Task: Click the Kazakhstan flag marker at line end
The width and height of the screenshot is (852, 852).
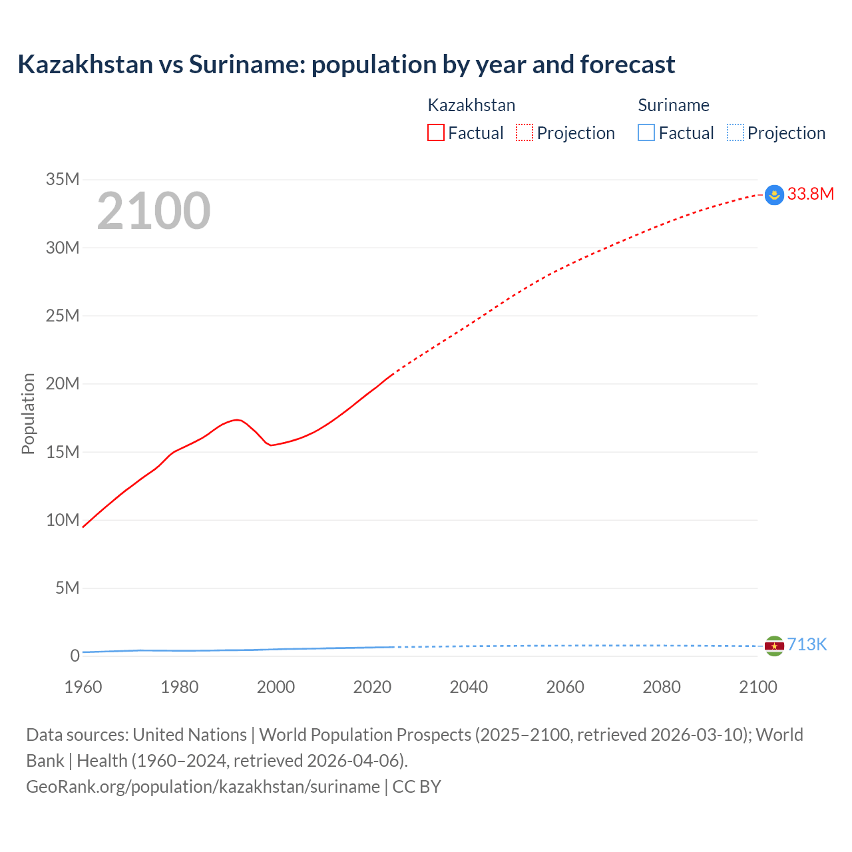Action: [x=774, y=195]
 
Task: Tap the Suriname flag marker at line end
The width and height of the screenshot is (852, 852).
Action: [x=774, y=646]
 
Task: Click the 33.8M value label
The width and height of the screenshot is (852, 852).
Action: [x=810, y=194]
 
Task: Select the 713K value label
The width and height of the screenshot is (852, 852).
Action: [x=807, y=644]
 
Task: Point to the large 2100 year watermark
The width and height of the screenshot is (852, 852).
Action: [x=154, y=211]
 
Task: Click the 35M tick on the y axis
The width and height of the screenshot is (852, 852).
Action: [x=63, y=179]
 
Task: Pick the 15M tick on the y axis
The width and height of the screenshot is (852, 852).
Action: [x=63, y=452]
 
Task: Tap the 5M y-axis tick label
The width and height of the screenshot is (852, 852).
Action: [x=67, y=588]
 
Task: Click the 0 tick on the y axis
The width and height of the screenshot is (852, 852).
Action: [x=75, y=656]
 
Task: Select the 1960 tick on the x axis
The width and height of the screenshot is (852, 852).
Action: [x=83, y=687]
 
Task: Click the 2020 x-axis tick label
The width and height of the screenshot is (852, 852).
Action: [x=372, y=687]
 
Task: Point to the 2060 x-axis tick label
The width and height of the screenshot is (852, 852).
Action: [x=565, y=687]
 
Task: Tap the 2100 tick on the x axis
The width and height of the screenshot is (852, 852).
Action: [x=757, y=687]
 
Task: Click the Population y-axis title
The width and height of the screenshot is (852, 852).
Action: [x=28, y=414]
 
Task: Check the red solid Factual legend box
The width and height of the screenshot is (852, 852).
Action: [x=435, y=132]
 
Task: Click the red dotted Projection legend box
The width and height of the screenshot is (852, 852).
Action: [x=525, y=132]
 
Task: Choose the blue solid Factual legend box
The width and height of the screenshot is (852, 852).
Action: [x=646, y=132]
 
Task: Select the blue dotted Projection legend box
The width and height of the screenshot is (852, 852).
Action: [x=736, y=132]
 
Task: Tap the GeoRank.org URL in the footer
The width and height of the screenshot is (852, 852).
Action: [x=203, y=786]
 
